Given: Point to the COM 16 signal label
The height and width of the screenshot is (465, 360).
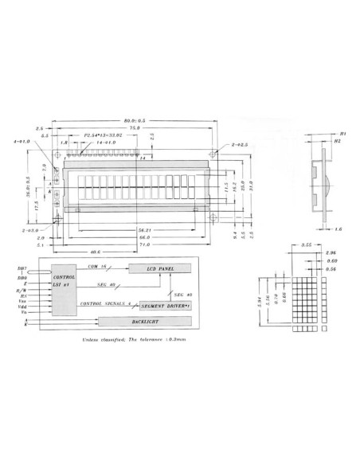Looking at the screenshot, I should (x=97, y=266).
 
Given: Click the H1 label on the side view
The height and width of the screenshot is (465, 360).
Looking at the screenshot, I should (x=342, y=133).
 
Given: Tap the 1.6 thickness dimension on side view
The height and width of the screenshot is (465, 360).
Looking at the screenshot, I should (x=339, y=229).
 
